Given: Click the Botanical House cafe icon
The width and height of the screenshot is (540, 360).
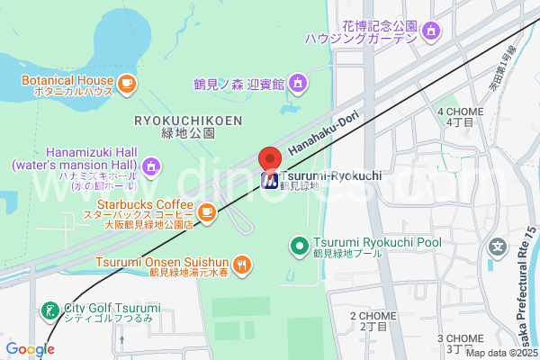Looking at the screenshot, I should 126,84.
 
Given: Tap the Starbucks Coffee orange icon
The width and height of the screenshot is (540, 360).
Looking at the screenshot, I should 207,213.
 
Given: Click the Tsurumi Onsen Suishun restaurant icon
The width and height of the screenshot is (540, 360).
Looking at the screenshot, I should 241,265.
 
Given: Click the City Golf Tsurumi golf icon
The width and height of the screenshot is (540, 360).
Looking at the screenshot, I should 50,310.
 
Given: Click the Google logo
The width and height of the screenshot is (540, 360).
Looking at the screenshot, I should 29,348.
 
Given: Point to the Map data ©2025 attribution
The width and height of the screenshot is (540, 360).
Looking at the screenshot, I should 501,354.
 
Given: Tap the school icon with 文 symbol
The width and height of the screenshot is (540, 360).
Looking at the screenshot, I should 496,246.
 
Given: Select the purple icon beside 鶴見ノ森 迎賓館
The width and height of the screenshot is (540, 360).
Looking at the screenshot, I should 298,85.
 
